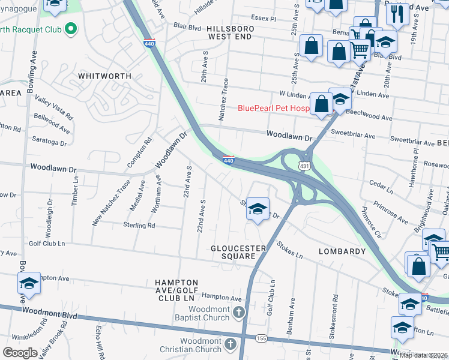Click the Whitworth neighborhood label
click(104, 76)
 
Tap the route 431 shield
click(304, 164)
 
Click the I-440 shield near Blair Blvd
click(149, 43)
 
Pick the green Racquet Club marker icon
click(71, 28)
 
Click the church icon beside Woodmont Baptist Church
click(239, 312)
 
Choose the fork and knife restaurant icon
click(397, 14)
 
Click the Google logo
click(20, 353)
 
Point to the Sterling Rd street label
click(139, 226)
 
